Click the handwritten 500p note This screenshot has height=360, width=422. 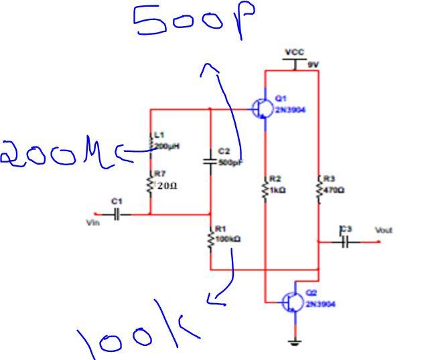pos(195,21)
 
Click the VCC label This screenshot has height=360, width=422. pos(294,52)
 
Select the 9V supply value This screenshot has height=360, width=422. pos(312,64)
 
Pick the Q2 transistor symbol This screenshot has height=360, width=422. pos(293,302)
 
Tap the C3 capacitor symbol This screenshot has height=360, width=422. pos(345,242)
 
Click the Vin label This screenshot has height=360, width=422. pos(92,222)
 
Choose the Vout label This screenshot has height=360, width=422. pos(383,230)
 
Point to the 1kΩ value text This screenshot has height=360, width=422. pos(278,190)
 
